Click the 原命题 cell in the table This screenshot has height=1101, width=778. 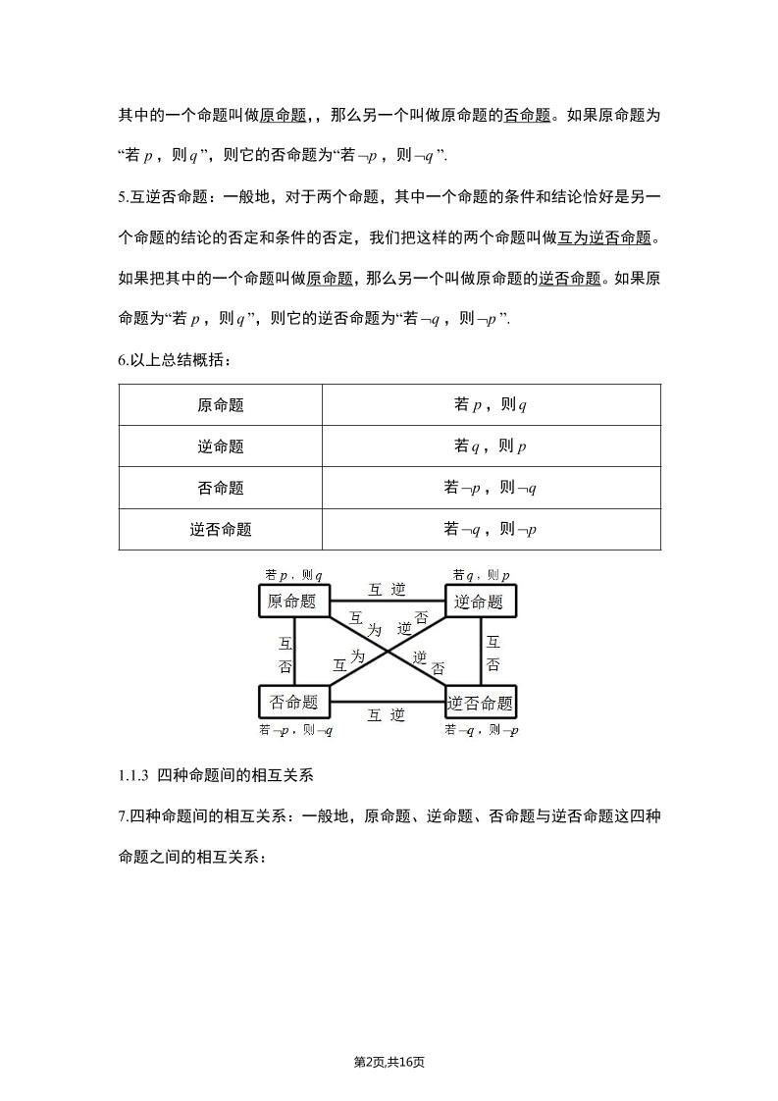pos(221,405)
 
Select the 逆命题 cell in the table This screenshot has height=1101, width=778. pos(221,446)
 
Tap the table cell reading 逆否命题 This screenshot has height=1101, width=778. pos(221,530)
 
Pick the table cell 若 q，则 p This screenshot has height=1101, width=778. pos(491,446)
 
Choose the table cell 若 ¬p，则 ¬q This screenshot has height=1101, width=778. pos(491,488)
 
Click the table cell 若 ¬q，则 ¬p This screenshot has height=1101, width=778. pos(491,530)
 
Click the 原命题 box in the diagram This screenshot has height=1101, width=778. pos(292,602)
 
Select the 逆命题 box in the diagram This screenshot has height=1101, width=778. pos(480,602)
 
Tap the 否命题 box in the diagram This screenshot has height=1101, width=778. pos(293,702)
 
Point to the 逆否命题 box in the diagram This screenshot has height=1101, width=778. pos(480,703)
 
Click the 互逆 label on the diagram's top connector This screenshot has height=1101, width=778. pos(387,590)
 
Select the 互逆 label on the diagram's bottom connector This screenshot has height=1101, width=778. pos(387,715)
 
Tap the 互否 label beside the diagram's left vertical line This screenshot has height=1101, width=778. pos(285,655)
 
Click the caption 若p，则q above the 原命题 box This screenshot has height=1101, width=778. pos(293,575)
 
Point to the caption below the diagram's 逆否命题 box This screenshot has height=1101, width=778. pos(481,730)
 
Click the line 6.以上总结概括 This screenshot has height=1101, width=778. pos(175,360)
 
